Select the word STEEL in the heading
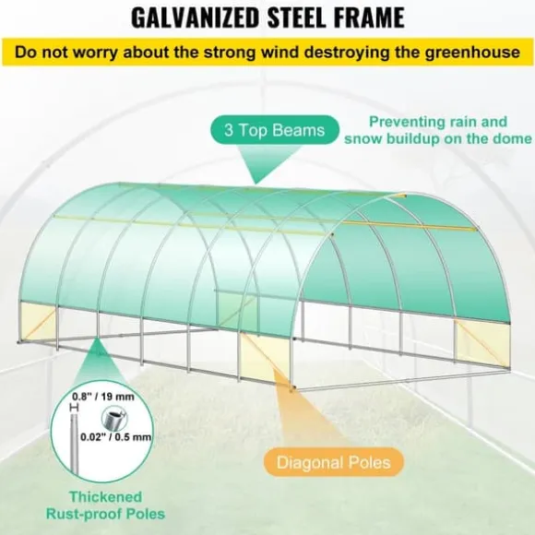(x=298, y=18)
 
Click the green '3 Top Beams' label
(x=275, y=130)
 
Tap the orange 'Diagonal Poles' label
(x=333, y=462)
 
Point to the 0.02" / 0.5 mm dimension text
(x=115, y=436)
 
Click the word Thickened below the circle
(x=105, y=496)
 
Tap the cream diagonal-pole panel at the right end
(x=482, y=342)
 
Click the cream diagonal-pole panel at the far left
(x=37, y=322)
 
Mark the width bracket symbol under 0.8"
(x=74, y=407)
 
